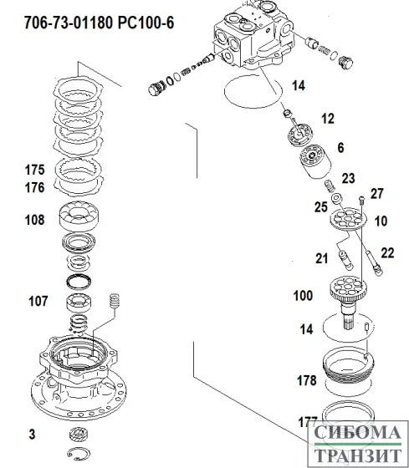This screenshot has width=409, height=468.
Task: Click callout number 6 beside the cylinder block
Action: pos(340,147)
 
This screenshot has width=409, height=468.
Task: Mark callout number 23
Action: pos(348,177)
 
